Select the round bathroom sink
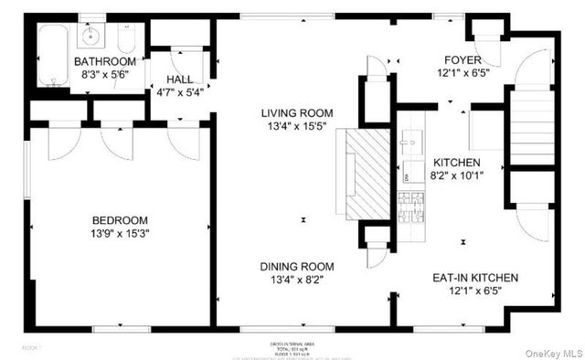[x=90, y=37]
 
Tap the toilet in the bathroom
[x=127, y=39]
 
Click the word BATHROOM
[x=104, y=62]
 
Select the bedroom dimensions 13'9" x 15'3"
[x=122, y=234]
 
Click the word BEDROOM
[x=122, y=220]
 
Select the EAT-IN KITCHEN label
[x=474, y=278]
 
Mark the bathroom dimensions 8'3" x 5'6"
[x=104, y=76]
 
